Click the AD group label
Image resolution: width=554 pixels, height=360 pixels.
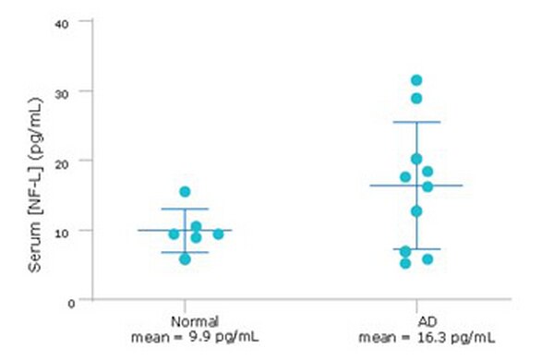click(415, 320)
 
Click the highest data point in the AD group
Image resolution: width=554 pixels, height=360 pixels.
click(416, 80)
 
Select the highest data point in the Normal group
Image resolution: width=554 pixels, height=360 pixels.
click(185, 192)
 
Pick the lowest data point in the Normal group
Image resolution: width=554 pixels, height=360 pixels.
click(185, 259)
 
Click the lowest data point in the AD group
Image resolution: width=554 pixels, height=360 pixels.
click(405, 263)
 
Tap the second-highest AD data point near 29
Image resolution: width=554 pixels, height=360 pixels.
click(416, 98)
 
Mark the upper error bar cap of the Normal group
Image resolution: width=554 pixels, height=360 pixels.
click(185, 209)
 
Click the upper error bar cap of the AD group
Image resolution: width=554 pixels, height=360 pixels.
click(415, 122)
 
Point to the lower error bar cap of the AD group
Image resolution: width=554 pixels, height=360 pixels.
click(415, 248)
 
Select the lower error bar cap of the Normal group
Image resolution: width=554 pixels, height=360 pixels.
click(185, 252)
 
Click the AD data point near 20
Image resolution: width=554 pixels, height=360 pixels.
click(416, 159)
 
